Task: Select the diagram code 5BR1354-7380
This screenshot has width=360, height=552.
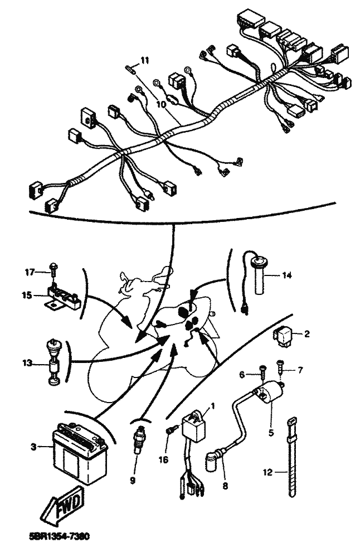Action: pos(59,536)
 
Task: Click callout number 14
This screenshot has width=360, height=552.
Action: pos(287,275)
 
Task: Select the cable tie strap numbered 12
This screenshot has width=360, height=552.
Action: pos(291,457)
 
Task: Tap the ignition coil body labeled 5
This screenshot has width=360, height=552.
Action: pos(269,394)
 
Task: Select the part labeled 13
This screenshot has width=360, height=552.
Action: pos(53,362)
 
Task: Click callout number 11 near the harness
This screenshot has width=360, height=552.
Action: pos(145,61)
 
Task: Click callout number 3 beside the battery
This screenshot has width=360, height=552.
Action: pos(33,447)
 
